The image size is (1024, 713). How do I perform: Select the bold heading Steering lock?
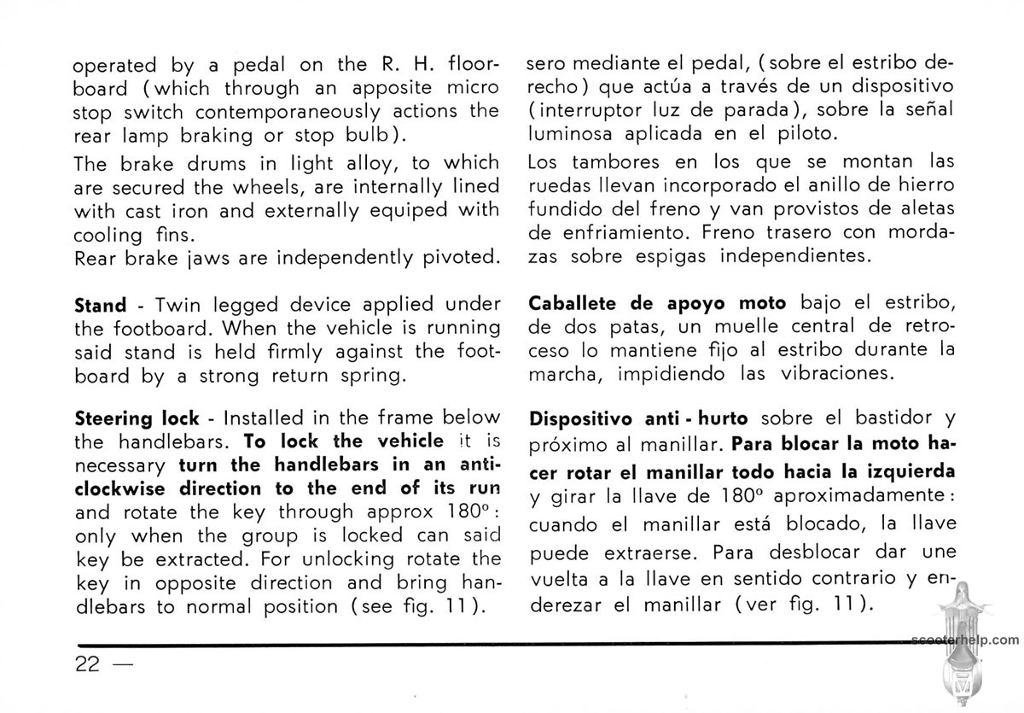pos(137,419)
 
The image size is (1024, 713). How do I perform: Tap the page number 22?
pos(88,663)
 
